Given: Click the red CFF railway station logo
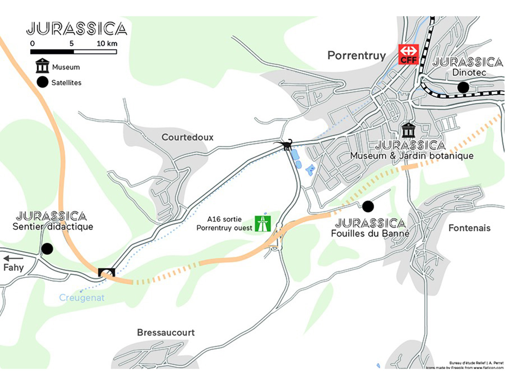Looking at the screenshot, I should tap(408, 54).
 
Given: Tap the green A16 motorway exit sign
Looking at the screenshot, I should tap(263, 224).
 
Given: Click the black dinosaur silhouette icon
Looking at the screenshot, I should tap(286, 145).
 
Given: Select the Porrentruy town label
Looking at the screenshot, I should tap(356, 56).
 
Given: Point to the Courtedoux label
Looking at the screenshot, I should tap(187, 137).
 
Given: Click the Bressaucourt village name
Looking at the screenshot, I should tap(166, 332).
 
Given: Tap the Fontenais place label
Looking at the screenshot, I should tap(469, 228).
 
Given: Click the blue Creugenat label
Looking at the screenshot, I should tap(82, 298).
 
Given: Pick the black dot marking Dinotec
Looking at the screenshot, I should tap(463, 87).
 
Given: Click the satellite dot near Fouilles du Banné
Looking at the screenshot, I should tap(368, 206).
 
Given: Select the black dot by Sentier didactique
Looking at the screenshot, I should tap(47, 249).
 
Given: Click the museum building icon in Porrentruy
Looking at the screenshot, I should tap(408, 130).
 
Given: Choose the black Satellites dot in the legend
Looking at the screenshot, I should tap(42, 82).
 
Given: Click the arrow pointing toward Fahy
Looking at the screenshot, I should tap(13, 258).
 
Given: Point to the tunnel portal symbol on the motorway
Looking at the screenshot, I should tap(106, 273).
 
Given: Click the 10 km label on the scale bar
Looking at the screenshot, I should tap(107, 44).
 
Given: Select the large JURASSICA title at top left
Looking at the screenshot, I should tap(77, 29).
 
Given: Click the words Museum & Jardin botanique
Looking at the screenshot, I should tap(412, 156).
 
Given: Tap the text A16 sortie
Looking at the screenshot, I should tap(224, 219).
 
